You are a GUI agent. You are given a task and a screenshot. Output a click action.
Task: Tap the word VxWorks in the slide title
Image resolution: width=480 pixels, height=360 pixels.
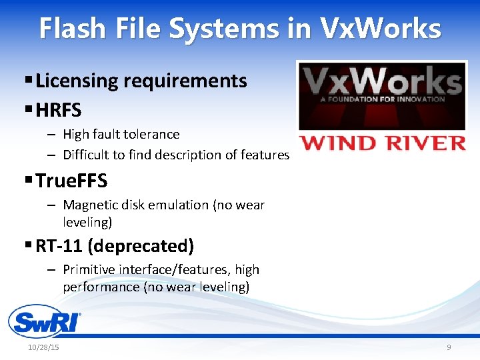click(x=381, y=29)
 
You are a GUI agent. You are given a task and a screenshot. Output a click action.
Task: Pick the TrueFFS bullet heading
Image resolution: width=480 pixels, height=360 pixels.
click(x=71, y=181)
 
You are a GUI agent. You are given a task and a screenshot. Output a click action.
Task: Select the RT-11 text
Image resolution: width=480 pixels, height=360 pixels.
click(x=59, y=246)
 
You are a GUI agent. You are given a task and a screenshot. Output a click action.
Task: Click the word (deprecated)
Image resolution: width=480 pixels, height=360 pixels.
click(x=141, y=246)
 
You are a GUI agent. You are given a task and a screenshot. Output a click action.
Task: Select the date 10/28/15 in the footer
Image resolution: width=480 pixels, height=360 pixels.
click(x=44, y=348)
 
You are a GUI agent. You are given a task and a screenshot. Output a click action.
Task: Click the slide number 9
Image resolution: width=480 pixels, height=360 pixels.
click(x=449, y=348)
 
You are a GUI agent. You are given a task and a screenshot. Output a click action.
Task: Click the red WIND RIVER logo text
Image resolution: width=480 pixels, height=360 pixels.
click(x=382, y=143)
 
